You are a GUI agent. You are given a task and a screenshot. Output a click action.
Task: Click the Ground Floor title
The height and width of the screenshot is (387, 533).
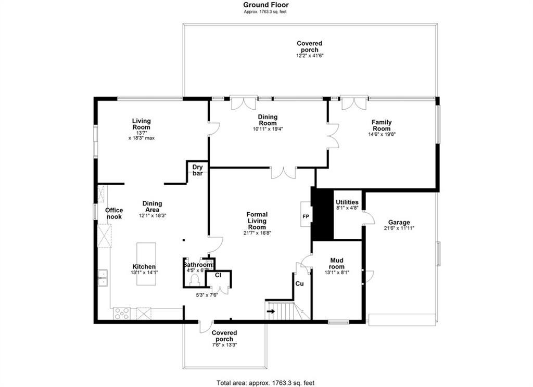click(x=266, y=5)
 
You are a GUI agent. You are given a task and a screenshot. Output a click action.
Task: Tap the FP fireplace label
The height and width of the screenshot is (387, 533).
click(x=306, y=216)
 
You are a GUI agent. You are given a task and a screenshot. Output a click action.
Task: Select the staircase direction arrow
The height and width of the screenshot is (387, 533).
click(x=271, y=311)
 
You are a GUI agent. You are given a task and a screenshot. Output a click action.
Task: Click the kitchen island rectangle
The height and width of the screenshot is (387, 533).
click(x=146, y=264)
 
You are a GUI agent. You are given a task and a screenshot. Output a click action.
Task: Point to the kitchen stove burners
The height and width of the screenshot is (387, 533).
click(x=122, y=313)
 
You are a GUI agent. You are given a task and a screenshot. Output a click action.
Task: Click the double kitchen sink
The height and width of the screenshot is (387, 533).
click(x=103, y=278)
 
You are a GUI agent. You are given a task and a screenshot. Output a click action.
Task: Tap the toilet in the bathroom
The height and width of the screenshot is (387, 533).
click(x=195, y=280)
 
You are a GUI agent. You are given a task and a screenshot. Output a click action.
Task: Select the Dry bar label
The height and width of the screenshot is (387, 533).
click(x=197, y=170)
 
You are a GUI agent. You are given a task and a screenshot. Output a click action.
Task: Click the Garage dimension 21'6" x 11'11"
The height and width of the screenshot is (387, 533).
click(x=399, y=228)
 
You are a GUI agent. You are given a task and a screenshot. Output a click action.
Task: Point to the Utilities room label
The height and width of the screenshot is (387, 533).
click(x=347, y=202)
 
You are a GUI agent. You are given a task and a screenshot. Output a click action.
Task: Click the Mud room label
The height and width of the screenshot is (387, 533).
click(x=337, y=264)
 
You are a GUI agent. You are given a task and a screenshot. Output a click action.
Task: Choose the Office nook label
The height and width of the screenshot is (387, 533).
click(x=114, y=213)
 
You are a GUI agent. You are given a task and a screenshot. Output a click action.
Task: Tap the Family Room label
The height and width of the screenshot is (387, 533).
click(x=382, y=125)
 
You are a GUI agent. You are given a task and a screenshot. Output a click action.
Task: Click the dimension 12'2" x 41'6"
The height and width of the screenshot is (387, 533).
click(x=309, y=55)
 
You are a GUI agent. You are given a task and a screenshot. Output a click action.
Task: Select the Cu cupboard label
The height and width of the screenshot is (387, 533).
click(x=299, y=283)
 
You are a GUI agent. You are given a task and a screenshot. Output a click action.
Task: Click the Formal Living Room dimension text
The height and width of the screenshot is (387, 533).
click(x=257, y=233)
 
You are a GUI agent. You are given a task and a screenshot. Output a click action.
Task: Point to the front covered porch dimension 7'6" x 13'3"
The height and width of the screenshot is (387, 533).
click(x=224, y=344)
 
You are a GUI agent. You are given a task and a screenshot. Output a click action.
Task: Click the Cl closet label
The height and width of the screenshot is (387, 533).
click(x=218, y=275)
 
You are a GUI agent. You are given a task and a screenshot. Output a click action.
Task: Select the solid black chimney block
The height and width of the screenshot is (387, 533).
click(x=322, y=213)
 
